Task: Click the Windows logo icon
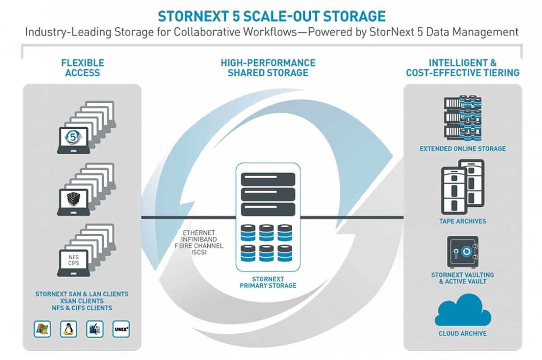(x=42, y=329)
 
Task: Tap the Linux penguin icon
(x=69, y=329)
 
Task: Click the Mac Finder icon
(x=95, y=329)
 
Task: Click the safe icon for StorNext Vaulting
(x=463, y=251)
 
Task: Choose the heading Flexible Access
(x=83, y=68)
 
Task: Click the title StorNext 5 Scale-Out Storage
(x=271, y=16)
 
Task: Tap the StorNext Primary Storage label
(x=268, y=282)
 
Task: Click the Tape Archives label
(x=463, y=221)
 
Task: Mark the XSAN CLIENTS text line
(x=82, y=301)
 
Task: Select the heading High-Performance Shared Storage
(x=268, y=68)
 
